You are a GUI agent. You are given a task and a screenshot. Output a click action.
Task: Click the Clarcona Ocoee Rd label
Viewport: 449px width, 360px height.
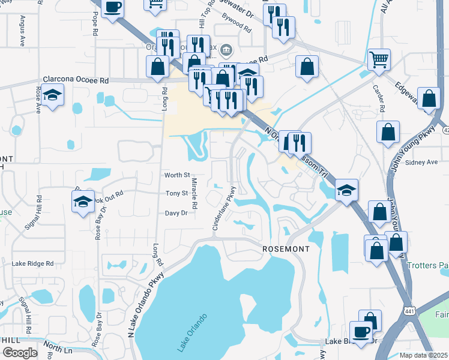[76, 80]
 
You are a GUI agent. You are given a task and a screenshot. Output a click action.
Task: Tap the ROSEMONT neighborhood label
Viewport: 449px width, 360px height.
[286, 248]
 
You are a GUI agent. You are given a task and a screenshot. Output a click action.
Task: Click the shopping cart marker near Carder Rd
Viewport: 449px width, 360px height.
[379, 60]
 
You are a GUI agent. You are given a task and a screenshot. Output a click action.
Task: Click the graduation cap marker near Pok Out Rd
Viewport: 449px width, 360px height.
[83, 202]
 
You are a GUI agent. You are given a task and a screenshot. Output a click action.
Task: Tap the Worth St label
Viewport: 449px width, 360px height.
[176, 175]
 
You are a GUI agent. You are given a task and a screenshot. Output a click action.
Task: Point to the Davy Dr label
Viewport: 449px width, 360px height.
[176, 213]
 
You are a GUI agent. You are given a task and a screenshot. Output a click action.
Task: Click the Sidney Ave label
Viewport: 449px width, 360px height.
[421, 162]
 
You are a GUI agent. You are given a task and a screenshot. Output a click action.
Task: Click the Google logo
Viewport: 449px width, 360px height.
[20, 352]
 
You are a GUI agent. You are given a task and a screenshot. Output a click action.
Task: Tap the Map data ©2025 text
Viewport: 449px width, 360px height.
[423, 355]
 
